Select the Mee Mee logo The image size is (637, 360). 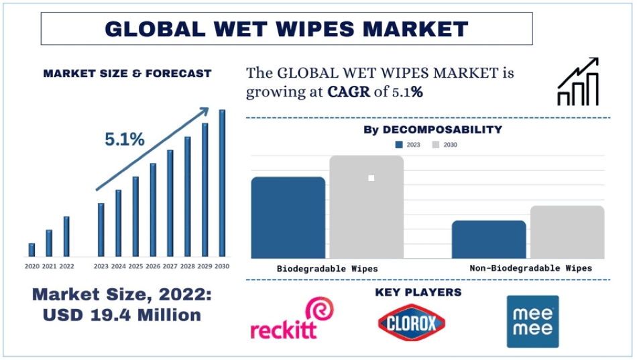click(x=532, y=321)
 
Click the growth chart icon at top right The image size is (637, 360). click(x=578, y=82)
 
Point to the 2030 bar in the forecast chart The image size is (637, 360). click(x=222, y=182)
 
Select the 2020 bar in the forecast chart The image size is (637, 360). click(x=32, y=249)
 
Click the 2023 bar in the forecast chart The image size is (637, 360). click(x=101, y=229)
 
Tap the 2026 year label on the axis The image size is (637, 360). click(x=153, y=267)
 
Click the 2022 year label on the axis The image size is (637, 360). click(x=66, y=267)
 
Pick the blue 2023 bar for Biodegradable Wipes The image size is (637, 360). click(x=288, y=217)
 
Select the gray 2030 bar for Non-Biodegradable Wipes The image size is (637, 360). click(x=567, y=231)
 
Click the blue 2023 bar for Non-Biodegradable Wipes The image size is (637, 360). click(x=489, y=239)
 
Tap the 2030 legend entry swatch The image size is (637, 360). click(x=436, y=144)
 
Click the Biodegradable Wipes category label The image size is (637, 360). click(x=327, y=269)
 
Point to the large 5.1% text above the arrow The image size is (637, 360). click(x=125, y=139)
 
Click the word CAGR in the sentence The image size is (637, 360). click(x=349, y=93)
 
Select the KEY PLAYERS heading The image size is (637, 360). click(x=418, y=292)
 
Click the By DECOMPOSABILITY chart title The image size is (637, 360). click(x=432, y=129)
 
